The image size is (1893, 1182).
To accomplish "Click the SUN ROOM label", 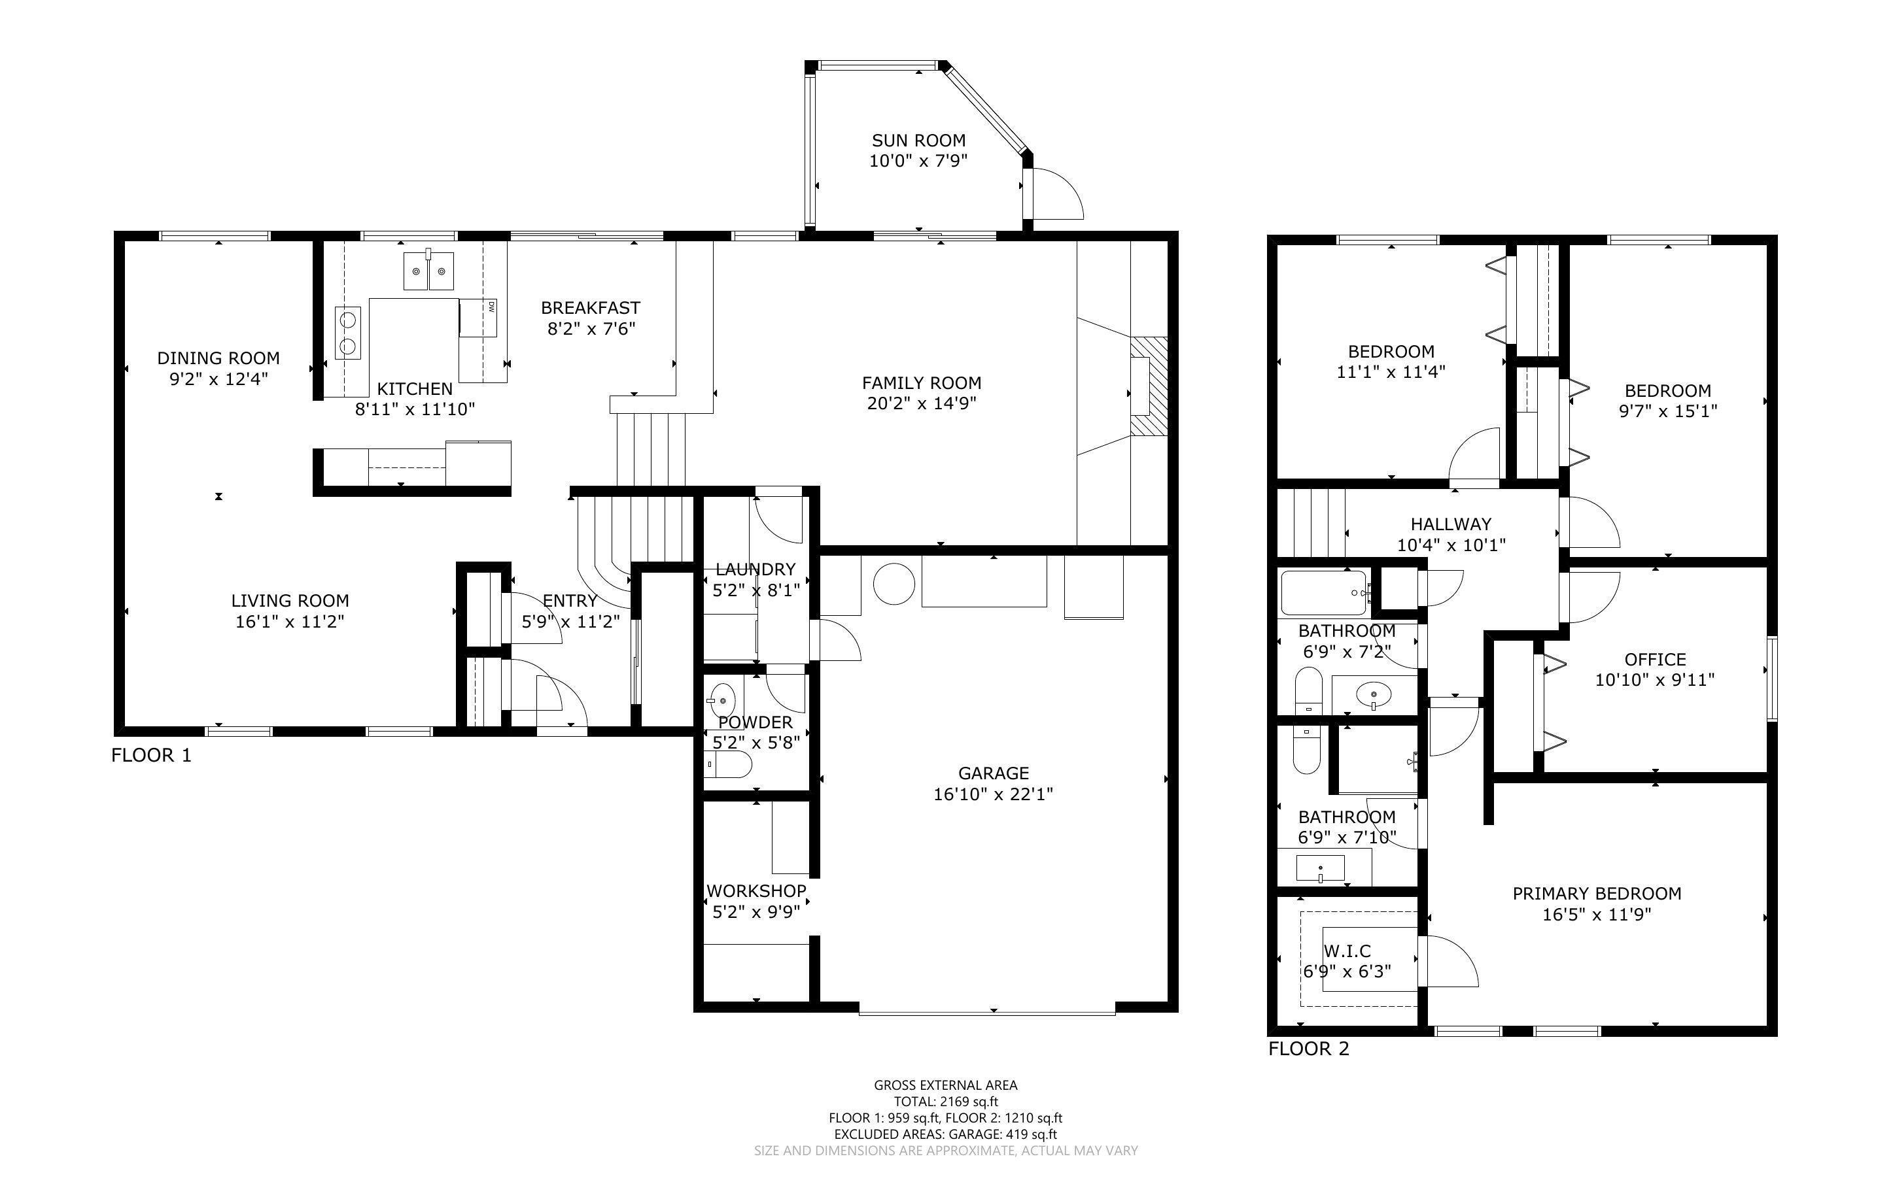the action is pos(919,141).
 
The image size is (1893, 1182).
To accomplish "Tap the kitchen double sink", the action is pos(429,271).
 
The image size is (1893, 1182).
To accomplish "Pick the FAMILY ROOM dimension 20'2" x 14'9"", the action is pos(922,403).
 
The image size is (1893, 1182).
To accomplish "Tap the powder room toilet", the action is pos(728,764).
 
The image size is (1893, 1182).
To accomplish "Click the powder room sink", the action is pos(721,698).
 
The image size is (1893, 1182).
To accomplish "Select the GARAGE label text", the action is pos(993,773).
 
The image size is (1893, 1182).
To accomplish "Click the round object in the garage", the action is pos(894,583).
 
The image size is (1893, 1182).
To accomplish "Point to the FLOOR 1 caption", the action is pos(151,755).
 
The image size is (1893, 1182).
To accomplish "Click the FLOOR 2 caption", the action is pos(1309,1049).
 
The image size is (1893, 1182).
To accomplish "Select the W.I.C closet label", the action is pos(1347,951).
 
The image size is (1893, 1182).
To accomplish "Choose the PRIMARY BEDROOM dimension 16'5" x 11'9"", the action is pos(1597,915).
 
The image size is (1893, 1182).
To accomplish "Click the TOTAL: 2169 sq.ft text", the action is pos(946,1102).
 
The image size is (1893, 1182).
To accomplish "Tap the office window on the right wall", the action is pos(1773,679).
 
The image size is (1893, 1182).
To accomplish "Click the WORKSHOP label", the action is pos(756,891).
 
